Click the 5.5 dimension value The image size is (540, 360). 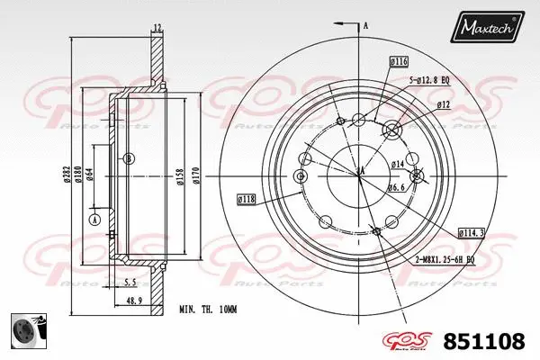pos(131,282)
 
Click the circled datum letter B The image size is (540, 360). pos(130,159)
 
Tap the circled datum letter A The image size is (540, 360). pos(94,220)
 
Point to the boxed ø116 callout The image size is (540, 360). pos(399,61)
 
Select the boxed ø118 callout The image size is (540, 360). pos(246,198)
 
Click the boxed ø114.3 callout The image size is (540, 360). pos(472,232)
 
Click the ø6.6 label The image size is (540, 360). pos(397,187)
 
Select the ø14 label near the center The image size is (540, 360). pos(397,164)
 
